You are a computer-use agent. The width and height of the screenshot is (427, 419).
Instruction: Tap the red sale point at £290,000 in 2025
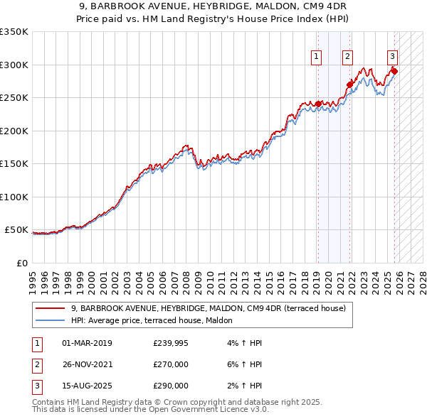394,71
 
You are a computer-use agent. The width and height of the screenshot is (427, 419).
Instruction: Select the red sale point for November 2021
349,85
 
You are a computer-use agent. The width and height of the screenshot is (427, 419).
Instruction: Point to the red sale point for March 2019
317,104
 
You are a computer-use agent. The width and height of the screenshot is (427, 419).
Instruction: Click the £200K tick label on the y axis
14,131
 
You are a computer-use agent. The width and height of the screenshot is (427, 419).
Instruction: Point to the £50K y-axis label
16,230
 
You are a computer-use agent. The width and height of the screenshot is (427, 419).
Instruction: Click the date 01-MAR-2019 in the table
87,343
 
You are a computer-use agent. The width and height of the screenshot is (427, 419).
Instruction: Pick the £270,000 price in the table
171,364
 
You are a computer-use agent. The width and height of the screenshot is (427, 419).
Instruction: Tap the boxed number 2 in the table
36,364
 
